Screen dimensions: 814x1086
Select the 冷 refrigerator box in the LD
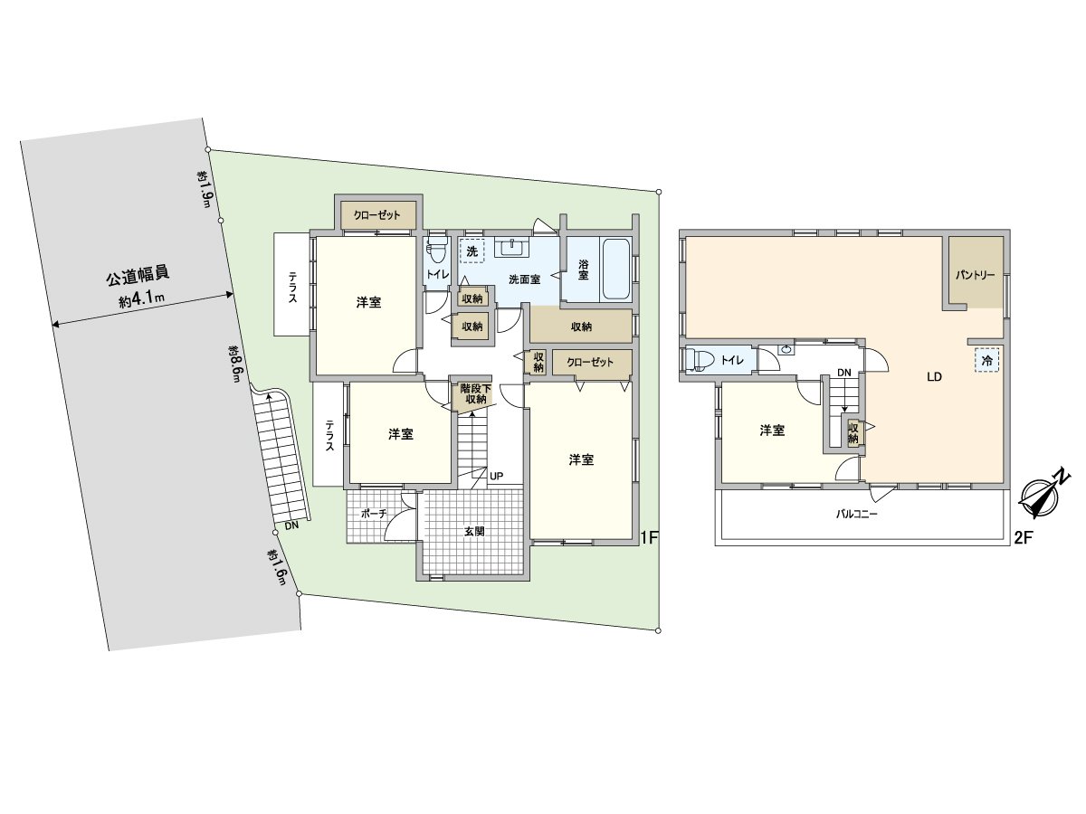point(987,359)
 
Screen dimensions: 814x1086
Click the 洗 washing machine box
point(472,251)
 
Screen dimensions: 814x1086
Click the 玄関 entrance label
point(474,531)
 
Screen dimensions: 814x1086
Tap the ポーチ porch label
point(373,513)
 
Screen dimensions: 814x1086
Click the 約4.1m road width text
point(142,298)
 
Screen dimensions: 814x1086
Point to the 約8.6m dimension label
point(235,364)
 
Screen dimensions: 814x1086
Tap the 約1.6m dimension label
point(277,566)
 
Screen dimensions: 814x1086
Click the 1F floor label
point(648,537)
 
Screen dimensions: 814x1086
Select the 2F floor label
point(1023,538)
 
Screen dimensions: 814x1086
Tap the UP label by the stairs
point(496,476)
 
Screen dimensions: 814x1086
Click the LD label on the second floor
point(934,377)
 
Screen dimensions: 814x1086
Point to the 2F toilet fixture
point(698,360)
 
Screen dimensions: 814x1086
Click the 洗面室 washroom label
point(524,279)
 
